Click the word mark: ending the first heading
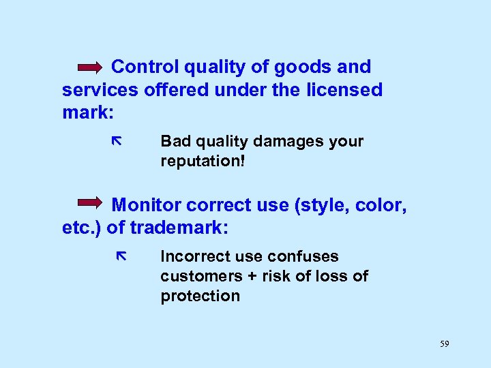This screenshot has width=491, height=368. [x=87, y=112]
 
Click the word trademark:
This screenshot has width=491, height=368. [x=179, y=228]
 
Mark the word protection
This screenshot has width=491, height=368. [x=200, y=296]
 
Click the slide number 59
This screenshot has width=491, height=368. [x=445, y=344]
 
